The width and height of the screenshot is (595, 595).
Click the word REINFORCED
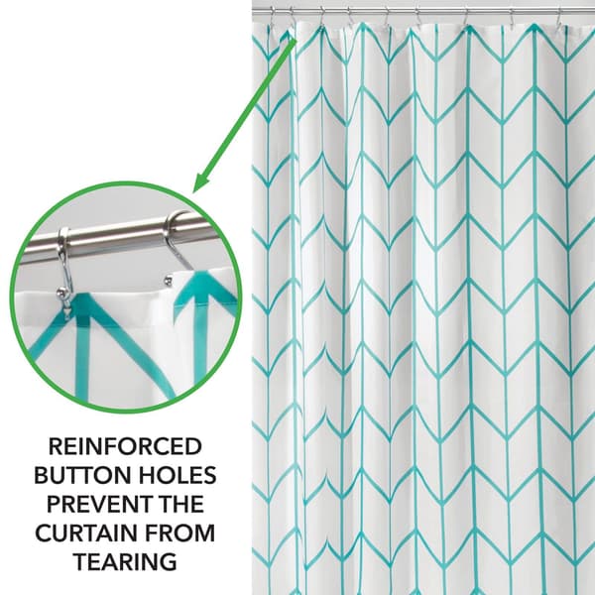coord(125,446)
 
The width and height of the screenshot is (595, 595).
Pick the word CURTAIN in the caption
coord(87,533)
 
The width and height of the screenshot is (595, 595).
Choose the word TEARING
coord(125,561)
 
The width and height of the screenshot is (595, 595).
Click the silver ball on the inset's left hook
coord(60,293)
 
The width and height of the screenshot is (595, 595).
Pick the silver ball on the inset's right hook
coord(168,281)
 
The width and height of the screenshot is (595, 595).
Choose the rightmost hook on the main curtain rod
coord(560,17)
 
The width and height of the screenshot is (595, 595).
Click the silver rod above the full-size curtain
coord(423,12)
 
